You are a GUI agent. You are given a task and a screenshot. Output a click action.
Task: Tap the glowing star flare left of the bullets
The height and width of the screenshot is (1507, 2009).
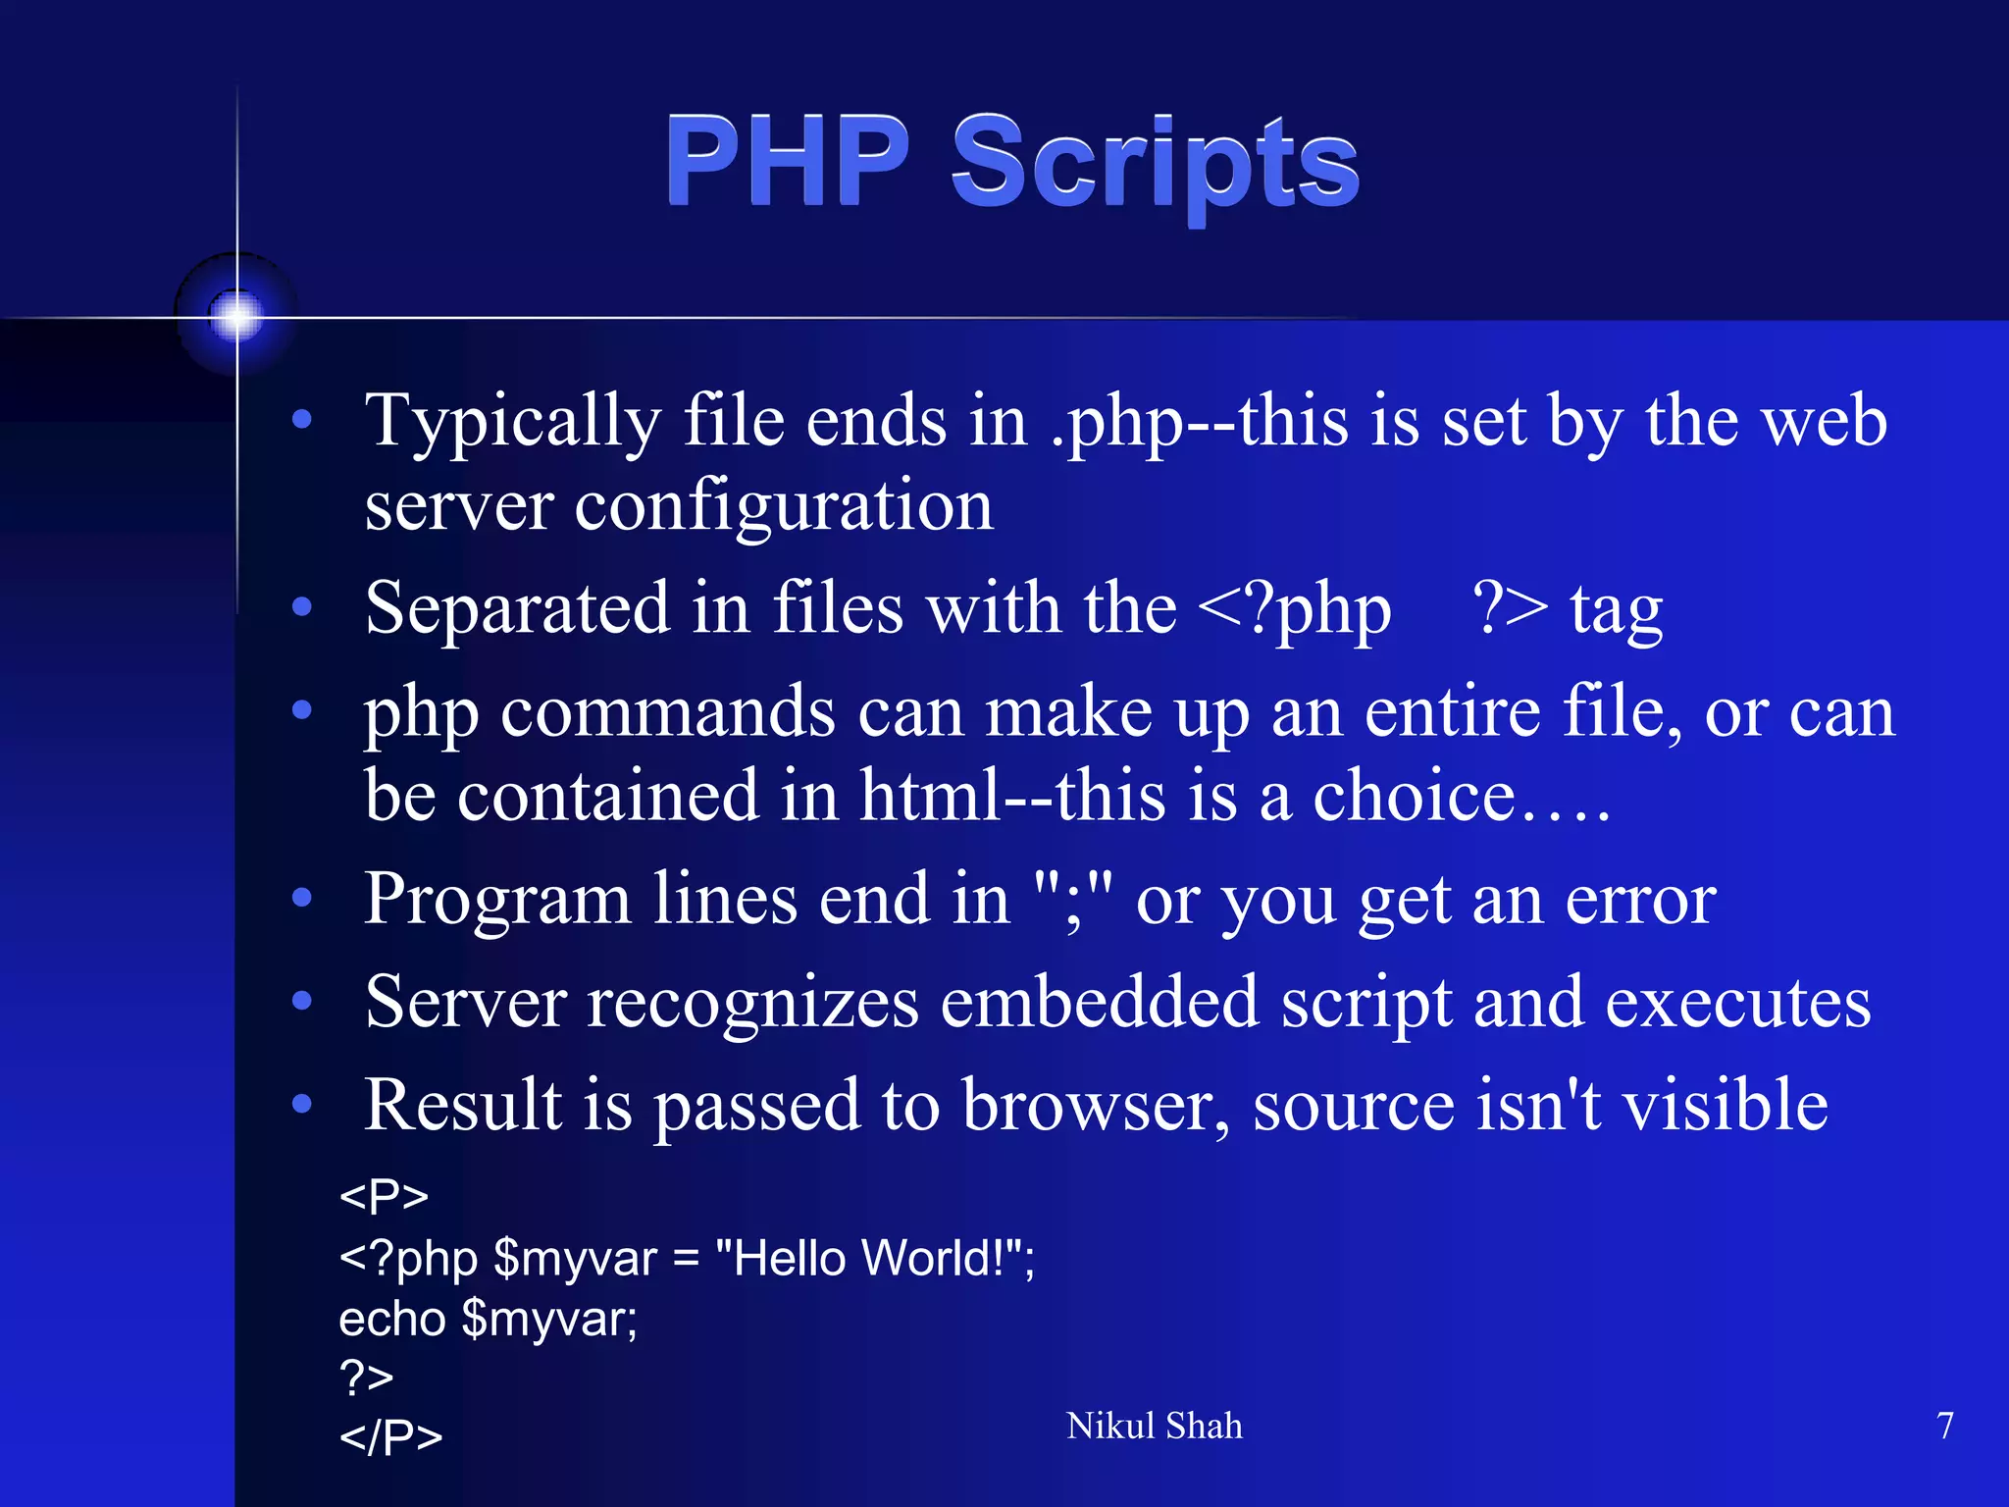[236, 316]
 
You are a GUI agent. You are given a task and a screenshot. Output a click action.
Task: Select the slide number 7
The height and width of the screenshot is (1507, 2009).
[1945, 1426]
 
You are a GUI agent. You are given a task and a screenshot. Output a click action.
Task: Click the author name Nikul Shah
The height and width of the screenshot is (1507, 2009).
[1154, 1426]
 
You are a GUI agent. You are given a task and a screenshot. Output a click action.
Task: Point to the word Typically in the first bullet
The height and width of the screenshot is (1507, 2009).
[512, 423]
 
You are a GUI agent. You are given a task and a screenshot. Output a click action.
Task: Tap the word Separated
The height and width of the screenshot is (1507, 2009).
[516, 609]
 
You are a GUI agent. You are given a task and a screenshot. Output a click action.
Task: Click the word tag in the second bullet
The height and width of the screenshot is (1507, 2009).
[1616, 612]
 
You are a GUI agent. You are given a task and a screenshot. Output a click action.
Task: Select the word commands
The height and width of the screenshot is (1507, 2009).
[667, 712]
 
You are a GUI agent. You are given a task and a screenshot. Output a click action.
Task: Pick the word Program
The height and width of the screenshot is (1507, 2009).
[496, 901]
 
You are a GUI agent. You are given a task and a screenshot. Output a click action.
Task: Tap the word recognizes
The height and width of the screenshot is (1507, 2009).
[752, 1003]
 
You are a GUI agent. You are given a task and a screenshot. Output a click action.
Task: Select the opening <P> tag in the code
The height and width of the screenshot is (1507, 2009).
[384, 1196]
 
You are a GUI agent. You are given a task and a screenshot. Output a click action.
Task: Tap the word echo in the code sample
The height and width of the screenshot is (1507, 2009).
[392, 1319]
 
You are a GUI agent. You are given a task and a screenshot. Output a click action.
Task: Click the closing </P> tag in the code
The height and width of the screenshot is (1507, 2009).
[390, 1437]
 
